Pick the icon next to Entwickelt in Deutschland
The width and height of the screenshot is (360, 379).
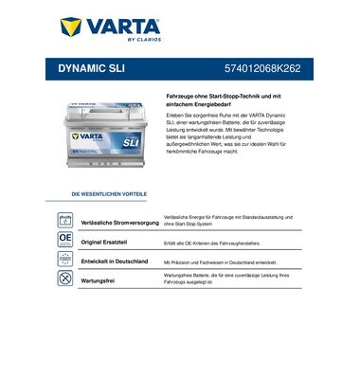65,259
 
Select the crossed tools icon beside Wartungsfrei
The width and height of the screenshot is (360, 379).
65,279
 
